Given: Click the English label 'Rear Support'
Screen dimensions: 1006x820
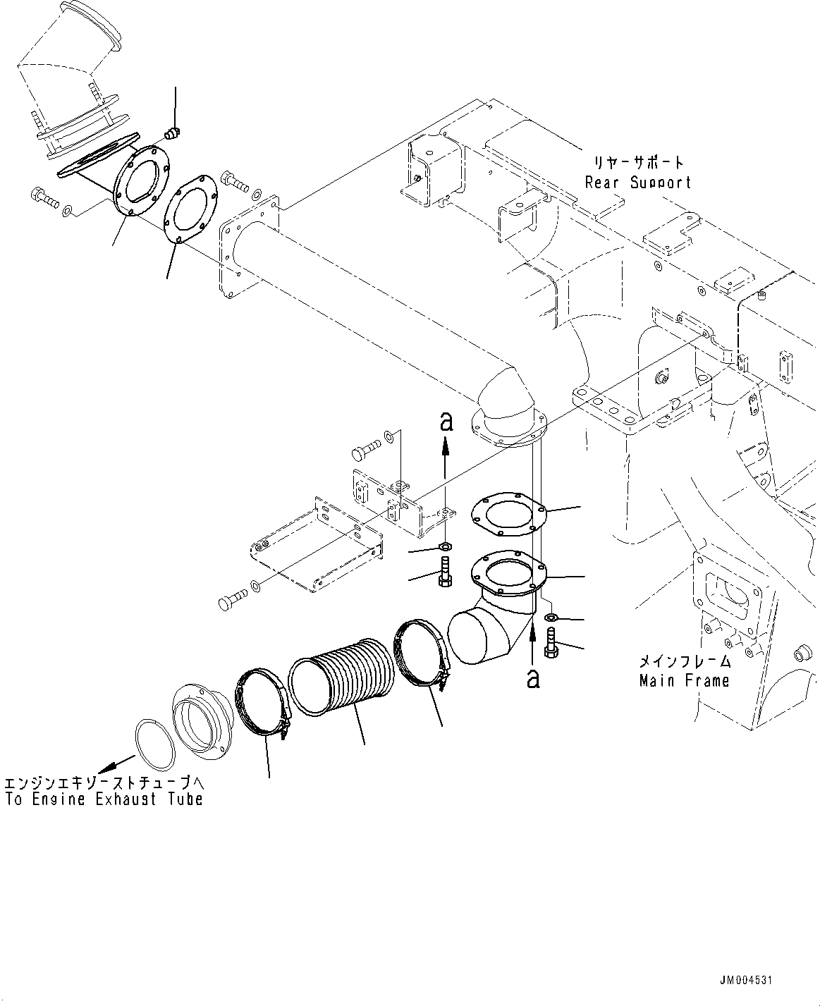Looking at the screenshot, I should point(638,183).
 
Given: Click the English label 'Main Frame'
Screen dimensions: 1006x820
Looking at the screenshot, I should point(684,681).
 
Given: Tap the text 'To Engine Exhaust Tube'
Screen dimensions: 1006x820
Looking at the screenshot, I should point(104,799).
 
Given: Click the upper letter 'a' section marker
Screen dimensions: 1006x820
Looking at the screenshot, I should point(445,422).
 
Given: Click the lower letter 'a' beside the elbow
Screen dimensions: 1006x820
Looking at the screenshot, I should point(534,678).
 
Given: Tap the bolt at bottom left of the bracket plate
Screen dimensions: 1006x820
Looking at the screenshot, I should point(230,601).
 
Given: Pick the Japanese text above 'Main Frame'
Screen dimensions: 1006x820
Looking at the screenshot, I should point(684,662).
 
